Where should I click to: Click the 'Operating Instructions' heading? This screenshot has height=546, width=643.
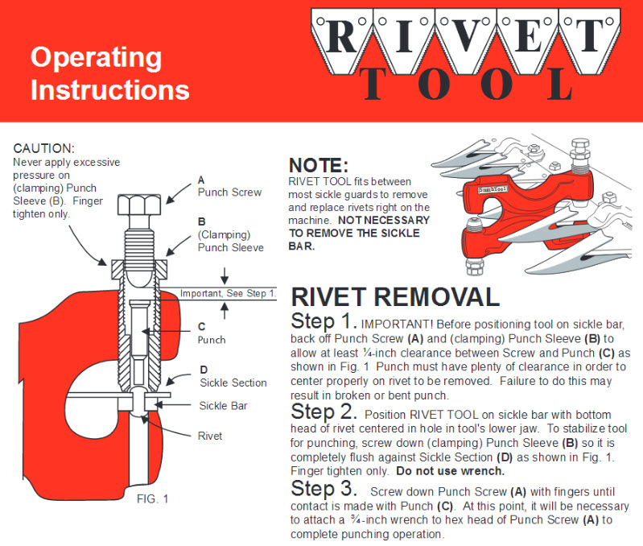109,73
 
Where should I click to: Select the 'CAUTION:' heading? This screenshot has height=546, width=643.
44,149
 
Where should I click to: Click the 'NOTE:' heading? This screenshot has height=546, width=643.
319,165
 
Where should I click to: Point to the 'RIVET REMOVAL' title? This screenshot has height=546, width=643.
395,296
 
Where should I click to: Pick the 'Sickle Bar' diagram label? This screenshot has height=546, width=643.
223,406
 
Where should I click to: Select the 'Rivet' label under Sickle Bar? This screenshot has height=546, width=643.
211,436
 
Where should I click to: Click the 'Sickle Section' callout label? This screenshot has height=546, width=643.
233,383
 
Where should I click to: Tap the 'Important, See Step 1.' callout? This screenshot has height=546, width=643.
228,293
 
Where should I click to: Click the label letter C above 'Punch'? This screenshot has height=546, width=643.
202,327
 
